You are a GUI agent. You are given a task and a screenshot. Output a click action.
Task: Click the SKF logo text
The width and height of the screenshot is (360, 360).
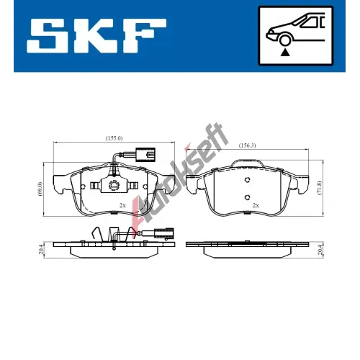(96, 36)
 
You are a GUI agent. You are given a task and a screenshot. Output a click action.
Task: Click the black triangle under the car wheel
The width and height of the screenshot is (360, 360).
(285, 53)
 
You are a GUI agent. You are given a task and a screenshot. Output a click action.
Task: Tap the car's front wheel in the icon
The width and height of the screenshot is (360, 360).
(285, 40)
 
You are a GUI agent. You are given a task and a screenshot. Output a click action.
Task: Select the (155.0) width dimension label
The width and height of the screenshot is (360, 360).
(114, 138)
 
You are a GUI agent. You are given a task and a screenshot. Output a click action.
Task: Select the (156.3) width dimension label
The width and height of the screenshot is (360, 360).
(247, 145)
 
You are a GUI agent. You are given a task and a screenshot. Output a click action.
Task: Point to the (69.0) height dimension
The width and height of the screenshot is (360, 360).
(40, 189)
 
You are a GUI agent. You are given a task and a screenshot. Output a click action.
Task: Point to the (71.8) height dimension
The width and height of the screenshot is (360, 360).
(320, 189)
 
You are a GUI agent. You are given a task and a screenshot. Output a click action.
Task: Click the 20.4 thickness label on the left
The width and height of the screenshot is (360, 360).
(40, 250)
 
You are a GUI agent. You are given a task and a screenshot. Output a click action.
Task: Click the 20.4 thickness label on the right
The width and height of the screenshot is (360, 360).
(320, 250)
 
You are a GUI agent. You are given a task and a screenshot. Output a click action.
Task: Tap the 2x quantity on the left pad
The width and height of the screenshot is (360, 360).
(122, 205)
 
